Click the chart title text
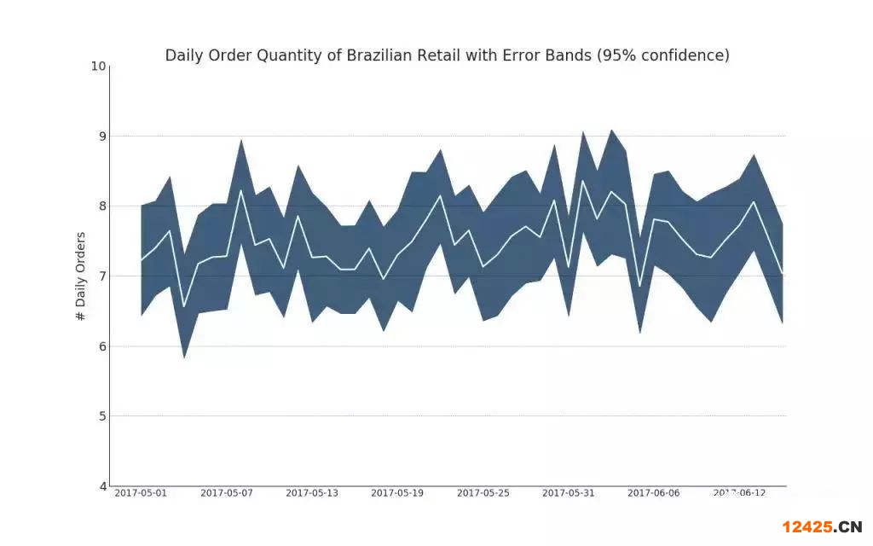click(447, 55)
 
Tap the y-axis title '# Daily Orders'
click(81, 276)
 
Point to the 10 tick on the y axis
click(99, 66)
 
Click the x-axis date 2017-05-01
click(141, 493)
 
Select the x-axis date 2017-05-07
click(227, 493)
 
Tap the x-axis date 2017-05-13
click(312, 493)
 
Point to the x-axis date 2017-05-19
click(397, 493)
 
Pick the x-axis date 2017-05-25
click(483, 493)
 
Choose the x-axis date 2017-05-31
click(569, 493)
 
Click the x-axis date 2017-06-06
click(654, 493)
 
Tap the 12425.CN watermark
click(823, 526)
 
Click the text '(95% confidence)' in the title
click(663, 55)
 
